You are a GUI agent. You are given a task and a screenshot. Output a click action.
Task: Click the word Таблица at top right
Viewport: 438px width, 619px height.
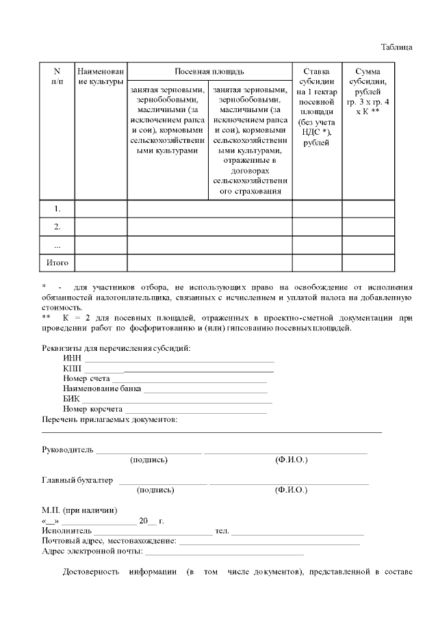pos(396,47)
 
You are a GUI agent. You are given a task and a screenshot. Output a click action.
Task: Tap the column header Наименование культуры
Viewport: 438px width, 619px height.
pos(101,77)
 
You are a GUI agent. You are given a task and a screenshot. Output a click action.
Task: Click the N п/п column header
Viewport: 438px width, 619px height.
pos(57,77)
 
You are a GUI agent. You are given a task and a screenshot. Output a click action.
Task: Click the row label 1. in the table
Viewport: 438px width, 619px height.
pos(57,209)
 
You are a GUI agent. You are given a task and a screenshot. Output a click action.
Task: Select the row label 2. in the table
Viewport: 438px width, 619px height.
pos(57,226)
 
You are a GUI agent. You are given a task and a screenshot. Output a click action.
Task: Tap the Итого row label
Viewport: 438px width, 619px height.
pos(57,262)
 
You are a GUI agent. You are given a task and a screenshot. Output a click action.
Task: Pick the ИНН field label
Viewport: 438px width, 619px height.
pos(72,358)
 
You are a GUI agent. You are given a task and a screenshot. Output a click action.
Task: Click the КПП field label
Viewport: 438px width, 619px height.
pos(72,368)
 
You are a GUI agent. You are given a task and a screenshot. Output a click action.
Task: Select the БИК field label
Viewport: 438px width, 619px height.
pos(71,399)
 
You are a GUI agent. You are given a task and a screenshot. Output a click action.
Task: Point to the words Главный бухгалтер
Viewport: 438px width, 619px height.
pos(77,480)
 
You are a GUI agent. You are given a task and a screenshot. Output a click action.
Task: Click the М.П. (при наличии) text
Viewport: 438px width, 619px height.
pos(79,510)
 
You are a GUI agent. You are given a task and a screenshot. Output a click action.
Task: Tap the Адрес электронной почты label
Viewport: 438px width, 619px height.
pos(92,551)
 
